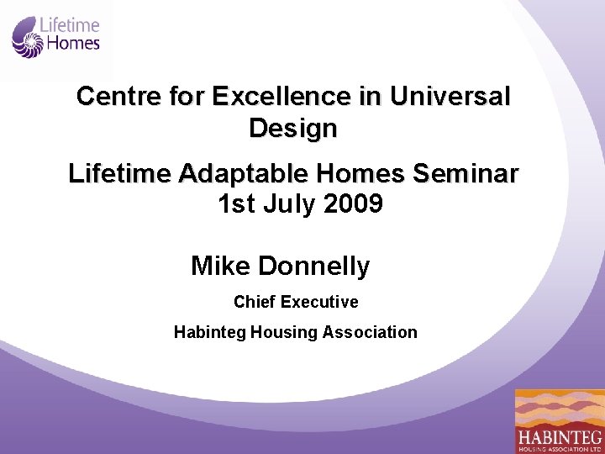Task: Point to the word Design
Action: click(x=293, y=129)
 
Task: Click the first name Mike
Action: click(x=221, y=266)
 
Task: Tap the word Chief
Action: click(x=255, y=302)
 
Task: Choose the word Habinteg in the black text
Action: click(x=209, y=332)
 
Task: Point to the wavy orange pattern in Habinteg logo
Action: click(x=560, y=409)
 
